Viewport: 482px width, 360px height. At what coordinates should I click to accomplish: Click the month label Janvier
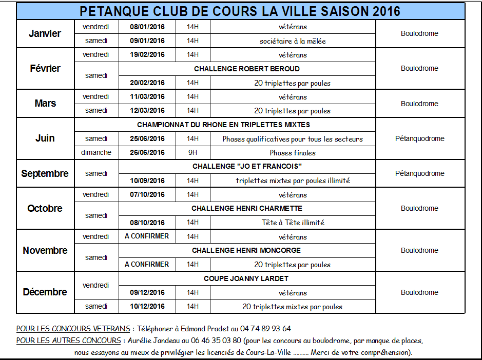(x=45, y=34)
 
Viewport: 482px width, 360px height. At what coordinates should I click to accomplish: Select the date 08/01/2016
(x=147, y=27)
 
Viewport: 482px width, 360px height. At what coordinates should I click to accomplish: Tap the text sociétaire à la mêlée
(x=293, y=41)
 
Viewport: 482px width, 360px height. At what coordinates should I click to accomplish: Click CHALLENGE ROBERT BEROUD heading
(x=247, y=69)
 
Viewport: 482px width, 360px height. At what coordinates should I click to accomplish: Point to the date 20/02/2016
(x=147, y=83)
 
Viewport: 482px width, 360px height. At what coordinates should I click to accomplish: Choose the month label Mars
(x=45, y=104)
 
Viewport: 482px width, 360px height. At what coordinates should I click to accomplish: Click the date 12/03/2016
(x=147, y=110)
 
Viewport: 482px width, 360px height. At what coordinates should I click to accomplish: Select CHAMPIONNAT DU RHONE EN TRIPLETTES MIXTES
(x=223, y=125)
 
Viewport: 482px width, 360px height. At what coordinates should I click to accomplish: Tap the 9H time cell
(x=192, y=152)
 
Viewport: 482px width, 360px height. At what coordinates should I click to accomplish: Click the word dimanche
(x=96, y=152)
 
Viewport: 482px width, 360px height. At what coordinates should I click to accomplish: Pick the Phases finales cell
(x=293, y=153)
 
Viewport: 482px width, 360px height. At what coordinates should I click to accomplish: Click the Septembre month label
(x=45, y=174)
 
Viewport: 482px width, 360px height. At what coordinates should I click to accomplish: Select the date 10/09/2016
(x=147, y=181)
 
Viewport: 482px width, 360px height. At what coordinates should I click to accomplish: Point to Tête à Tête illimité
(x=293, y=223)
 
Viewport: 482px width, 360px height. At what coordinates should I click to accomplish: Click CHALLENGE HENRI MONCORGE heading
(x=246, y=250)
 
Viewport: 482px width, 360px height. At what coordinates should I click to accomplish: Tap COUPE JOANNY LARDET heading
(x=246, y=278)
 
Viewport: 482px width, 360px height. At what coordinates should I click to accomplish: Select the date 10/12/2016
(x=147, y=307)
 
